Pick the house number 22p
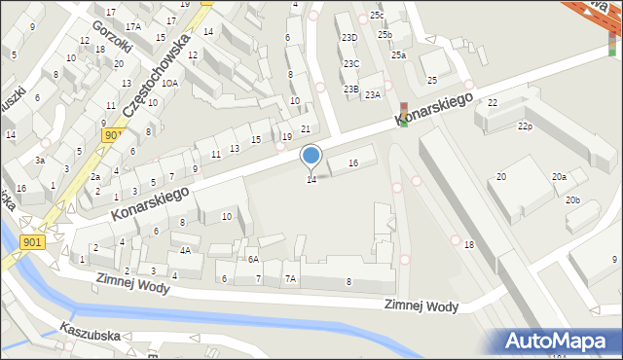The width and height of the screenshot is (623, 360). pyautogui.click(x=526, y=126)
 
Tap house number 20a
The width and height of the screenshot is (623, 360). pyautogui.click(x=559, y=177)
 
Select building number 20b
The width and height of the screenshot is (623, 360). pyautogui.click(x=572, y=200)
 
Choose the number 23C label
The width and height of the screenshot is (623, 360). pyautogui.click(x=350, y=64)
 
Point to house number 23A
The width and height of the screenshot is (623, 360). pyautogui.click(x=372, y=94)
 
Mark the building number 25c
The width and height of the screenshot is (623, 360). pyautogui.click(x=377, y=16)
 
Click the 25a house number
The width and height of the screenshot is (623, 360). pyautogui.click(x=398, y=55)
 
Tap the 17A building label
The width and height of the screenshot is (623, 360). pyautogui.click(x=132, y=26)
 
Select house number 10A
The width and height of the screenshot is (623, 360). pyautogui.click(x=169, y=84)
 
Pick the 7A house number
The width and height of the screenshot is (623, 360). pyautogui.click(x=289, y=279)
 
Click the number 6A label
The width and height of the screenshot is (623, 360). pyautogui.click(x=252, y=260)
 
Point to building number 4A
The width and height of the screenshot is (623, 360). pyautogui.click(x=184, y=250)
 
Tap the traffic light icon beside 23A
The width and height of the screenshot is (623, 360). pyautogui.click(x=404, y=113)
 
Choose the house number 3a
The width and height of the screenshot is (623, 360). pyautogui.click(x=40, y=160)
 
